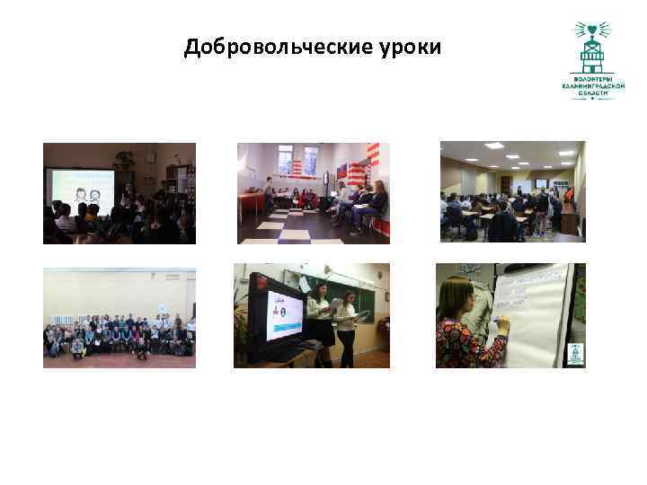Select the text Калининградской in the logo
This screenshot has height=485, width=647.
[x=592, y=85]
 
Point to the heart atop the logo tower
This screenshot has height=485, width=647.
[x=591, y=30]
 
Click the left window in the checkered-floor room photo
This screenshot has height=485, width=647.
[x=285, y=161]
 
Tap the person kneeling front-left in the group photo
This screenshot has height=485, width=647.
[x=78, y=346]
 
